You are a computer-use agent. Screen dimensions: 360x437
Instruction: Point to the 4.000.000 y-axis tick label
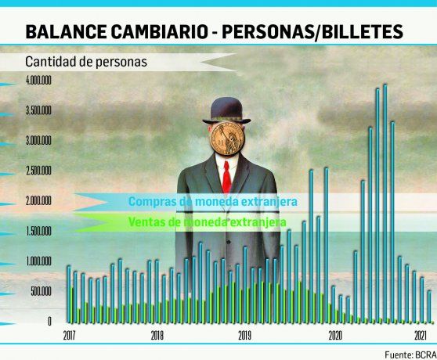pyautogui.click(x=38, y=81)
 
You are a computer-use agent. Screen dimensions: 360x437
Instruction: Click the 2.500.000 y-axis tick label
pyautogui.click(x=38, y=171)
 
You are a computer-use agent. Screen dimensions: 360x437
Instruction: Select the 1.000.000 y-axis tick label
pyautogui.click(x=38, y=261)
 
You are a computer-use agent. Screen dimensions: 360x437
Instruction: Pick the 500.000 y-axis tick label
pyautogui.click(x=39, y=291)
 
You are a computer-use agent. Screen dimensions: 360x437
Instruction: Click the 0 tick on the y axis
pyautogui.click(x=49, y=321)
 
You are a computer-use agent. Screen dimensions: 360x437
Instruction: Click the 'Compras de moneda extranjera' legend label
pyautogui.click(x=212, y=202)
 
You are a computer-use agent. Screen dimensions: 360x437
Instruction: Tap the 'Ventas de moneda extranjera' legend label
pyautogui.click(x=206, y=222)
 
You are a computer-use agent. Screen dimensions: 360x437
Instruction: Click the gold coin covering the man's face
pyautogui.click(x=227, y=138)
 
